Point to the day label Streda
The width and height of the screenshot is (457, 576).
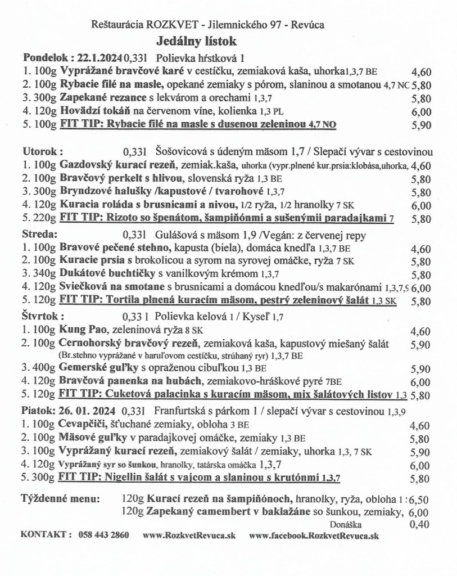coord(39,233)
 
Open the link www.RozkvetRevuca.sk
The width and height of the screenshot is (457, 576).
coord(189,536)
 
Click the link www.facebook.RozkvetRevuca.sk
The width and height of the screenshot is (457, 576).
coord(313,536)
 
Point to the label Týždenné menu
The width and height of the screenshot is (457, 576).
coord(61,499)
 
